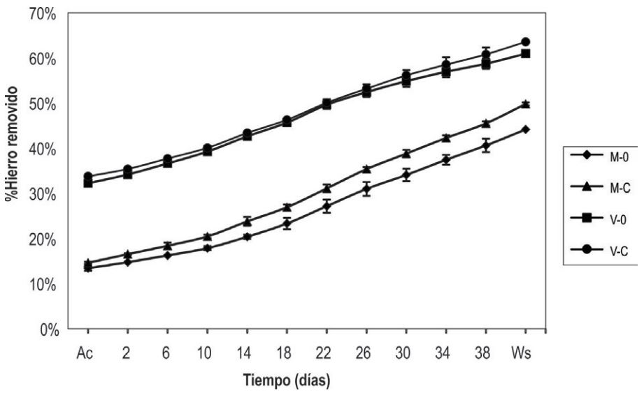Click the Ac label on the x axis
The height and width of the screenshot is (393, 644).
pos(87,352)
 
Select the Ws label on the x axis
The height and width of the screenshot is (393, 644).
pos(524,352)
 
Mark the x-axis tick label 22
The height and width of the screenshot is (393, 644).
pos(327,352)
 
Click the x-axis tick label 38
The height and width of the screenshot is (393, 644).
pos(485,352)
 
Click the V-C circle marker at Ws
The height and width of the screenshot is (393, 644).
pos(525,42)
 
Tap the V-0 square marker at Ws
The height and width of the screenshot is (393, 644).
pos(525,54)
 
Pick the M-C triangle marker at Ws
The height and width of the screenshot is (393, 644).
pos(525,104)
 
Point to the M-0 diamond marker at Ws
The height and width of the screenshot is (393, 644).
pos(525,129)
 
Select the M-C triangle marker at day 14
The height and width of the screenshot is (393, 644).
pos(247,221)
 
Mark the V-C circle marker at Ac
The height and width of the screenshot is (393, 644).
pos(87,176)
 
